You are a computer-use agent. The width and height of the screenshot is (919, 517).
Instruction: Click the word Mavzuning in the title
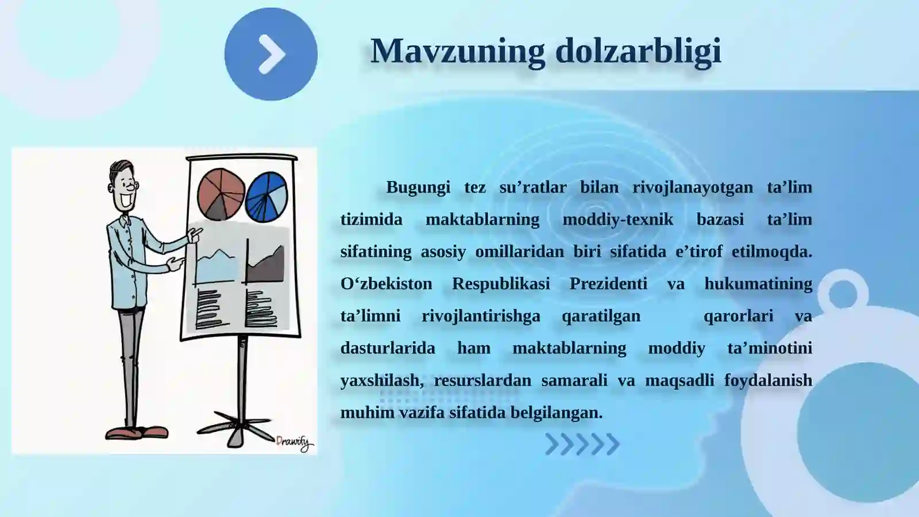tap(457, 52)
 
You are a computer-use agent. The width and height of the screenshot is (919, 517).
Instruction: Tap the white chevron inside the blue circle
tap(272, 55)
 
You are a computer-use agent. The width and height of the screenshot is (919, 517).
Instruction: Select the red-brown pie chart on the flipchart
tap(221, 194)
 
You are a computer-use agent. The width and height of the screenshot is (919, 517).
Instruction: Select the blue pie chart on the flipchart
tap(267, 197)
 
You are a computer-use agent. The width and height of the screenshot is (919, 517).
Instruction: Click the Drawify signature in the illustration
tap(294, 443)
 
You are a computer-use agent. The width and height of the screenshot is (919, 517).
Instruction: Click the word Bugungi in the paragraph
tap(418, 187)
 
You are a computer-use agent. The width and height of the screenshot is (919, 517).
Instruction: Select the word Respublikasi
tap(500, 284)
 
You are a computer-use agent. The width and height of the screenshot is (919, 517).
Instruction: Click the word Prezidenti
tap(608, 284)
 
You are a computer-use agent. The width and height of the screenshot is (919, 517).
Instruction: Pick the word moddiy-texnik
tap(617, 219)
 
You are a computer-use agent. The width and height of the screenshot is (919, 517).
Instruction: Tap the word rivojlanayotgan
tap(692, 187)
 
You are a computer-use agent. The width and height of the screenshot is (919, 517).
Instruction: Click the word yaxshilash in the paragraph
tap(380, 380)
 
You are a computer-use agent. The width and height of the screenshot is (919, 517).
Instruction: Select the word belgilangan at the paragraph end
tap(556, 412)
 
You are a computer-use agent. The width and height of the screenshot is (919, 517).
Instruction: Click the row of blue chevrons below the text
tap(582, 444)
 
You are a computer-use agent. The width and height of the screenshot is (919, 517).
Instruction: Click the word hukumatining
tap(758, 284)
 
